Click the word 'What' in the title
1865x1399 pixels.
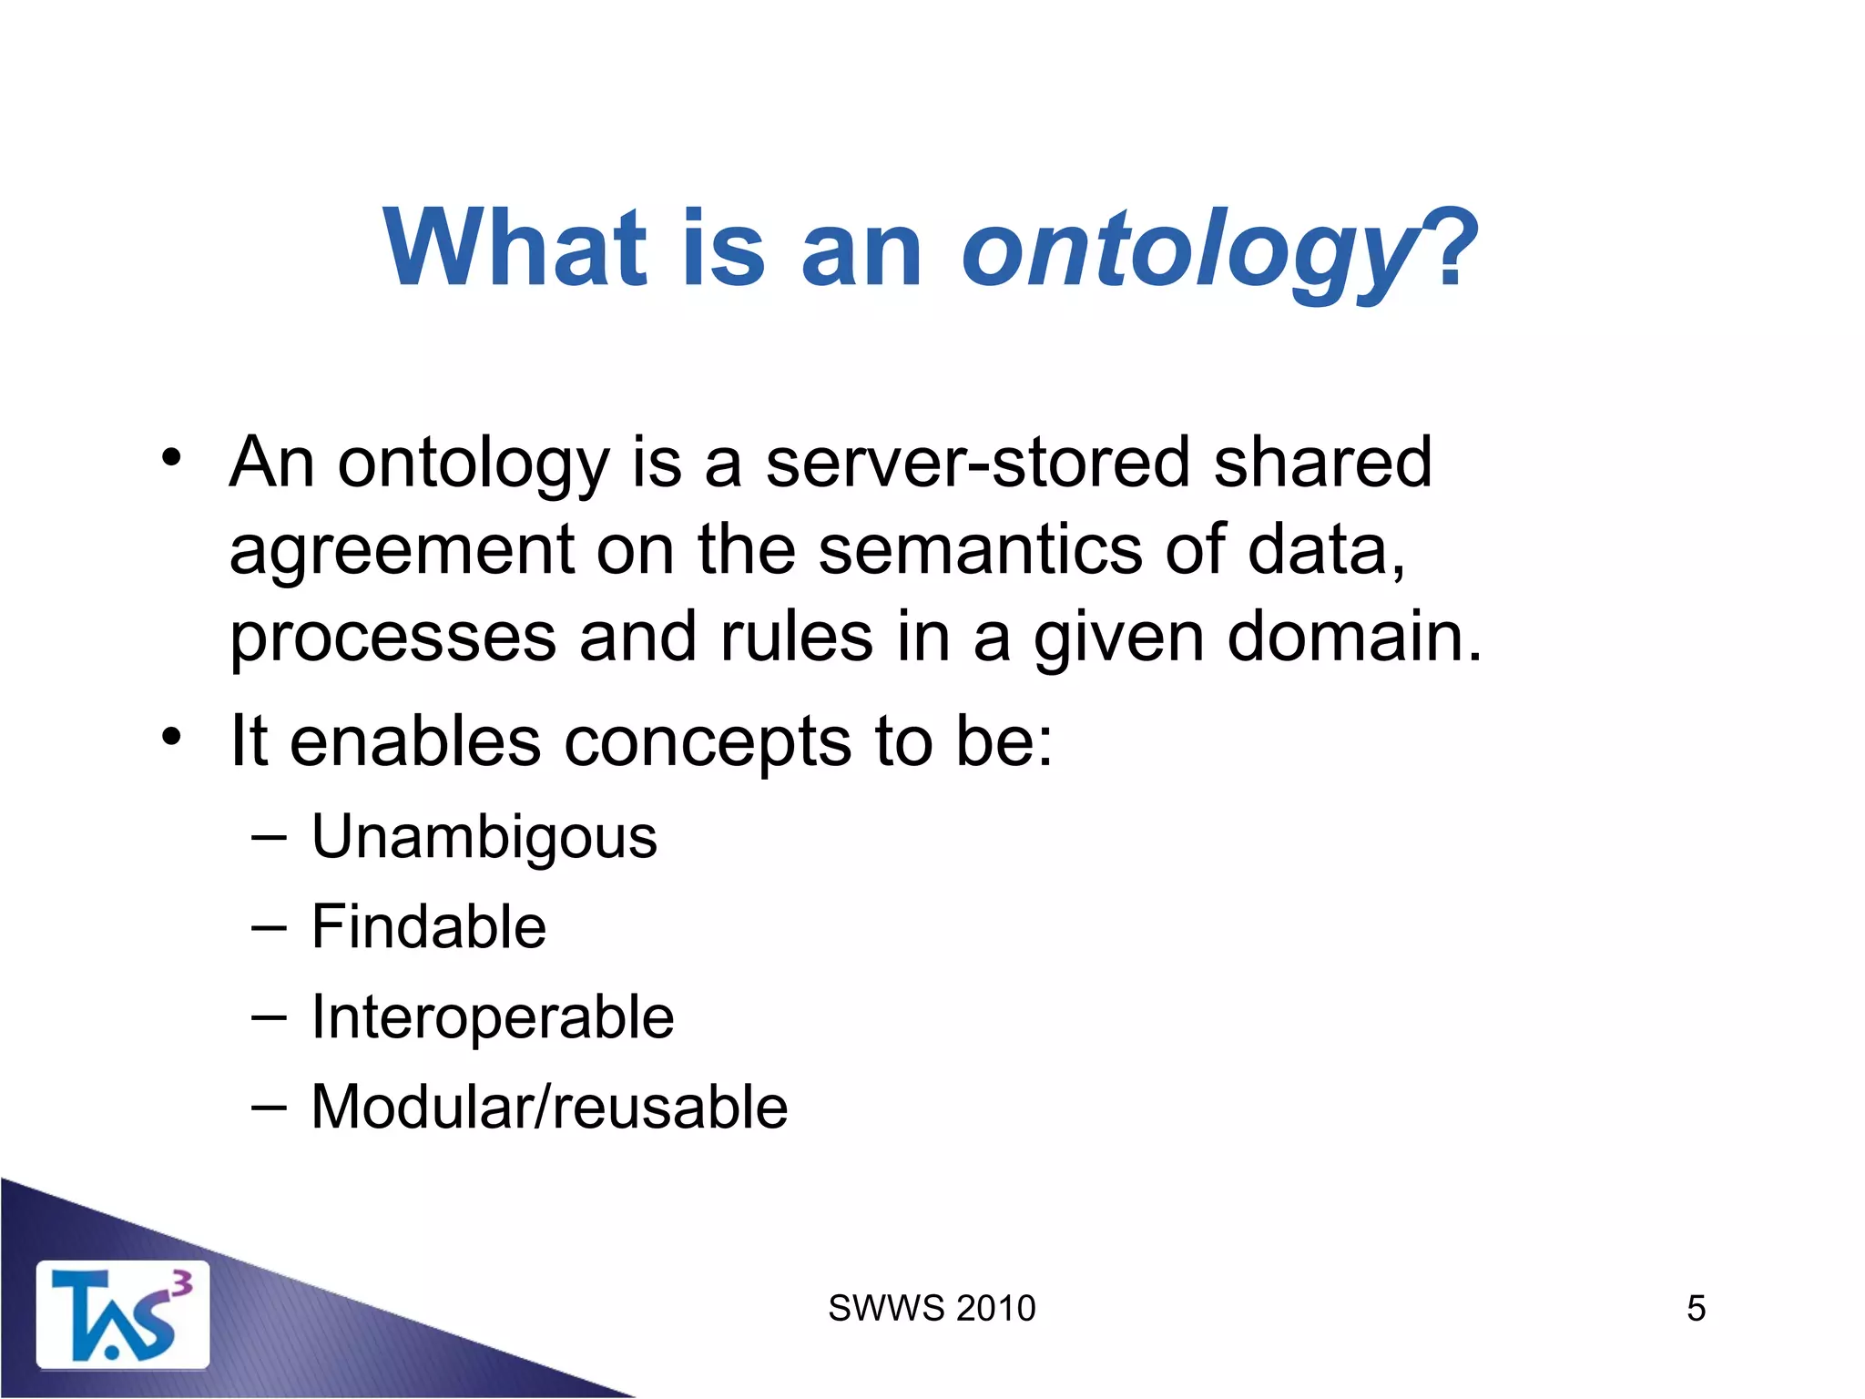[x=515, y=248]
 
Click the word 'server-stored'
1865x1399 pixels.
[x=977, y=462]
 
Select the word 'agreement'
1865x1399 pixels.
[x=402, y=551]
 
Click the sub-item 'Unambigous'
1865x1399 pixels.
[x=484, y=837]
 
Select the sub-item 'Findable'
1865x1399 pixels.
[x=428, y=927]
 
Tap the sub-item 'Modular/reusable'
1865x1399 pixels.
[x=549, y=1108]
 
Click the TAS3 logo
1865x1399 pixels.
[x=122, y=1315]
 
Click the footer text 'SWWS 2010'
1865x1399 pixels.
[x=932, y=1309]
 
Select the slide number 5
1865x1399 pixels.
[x=1696, y=1309]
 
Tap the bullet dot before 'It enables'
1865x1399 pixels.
[x=172, y=735]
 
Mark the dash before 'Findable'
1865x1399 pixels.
[x=269, y=927]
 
